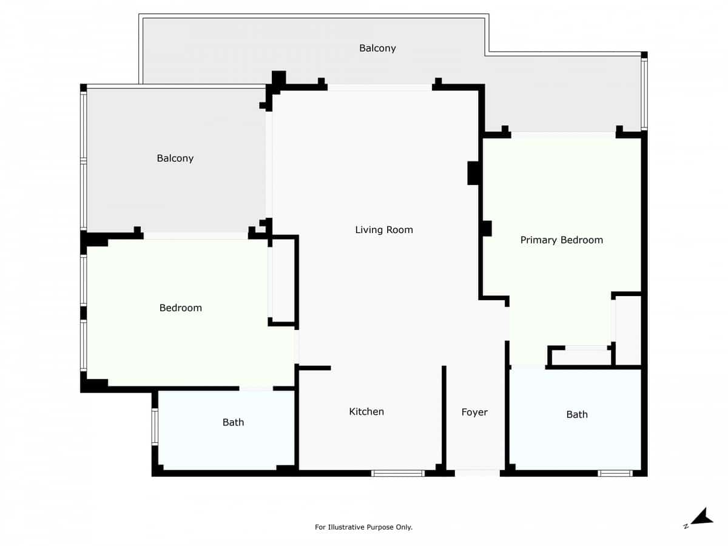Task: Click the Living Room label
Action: pos(384,230)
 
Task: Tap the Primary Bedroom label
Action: pos(561,240)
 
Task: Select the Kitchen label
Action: pos(366,412)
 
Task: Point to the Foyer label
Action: pos(474,413)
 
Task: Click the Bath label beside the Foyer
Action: pos(577,415)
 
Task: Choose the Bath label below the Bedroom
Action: pos(233,422)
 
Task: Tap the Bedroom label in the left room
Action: pos(180,308)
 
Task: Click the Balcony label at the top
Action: pos(377,49)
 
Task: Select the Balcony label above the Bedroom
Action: pos(175,158)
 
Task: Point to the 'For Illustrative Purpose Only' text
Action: pos(363,527)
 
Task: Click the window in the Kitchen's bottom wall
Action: pos(398,473)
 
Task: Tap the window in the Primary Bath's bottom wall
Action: pos(615,473)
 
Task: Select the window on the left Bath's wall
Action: pos(155,427)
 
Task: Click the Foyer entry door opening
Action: pos(477,473)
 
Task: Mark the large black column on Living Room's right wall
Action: pos(474,173)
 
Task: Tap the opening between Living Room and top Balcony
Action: pos(380,87)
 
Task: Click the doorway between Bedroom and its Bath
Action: pos(256,388)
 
